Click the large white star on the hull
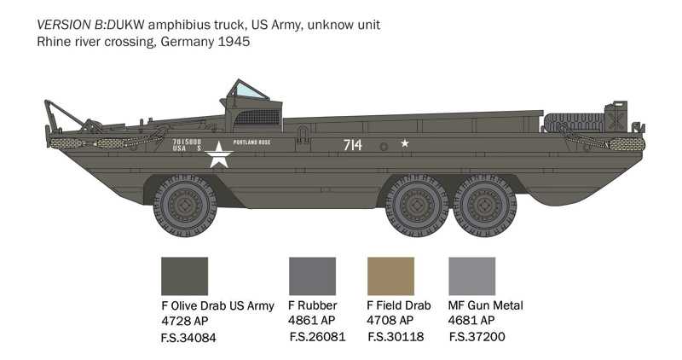[x=219, y=154]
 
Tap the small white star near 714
[x=404, y=143]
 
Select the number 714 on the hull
[x=352, y=144]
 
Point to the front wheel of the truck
[x=185, y=206]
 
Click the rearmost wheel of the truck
[x=485, y=206]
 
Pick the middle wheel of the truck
[x=416, y=206]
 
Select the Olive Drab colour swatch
[x=184, y=276]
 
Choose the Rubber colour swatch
[x=312, y=276]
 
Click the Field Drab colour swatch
[x=390, y=276]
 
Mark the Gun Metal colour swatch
[x=471, y=276]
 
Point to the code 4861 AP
[x=311, y=321]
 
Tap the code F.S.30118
[x=396, y=337]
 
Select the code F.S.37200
[x=477, y=337]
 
